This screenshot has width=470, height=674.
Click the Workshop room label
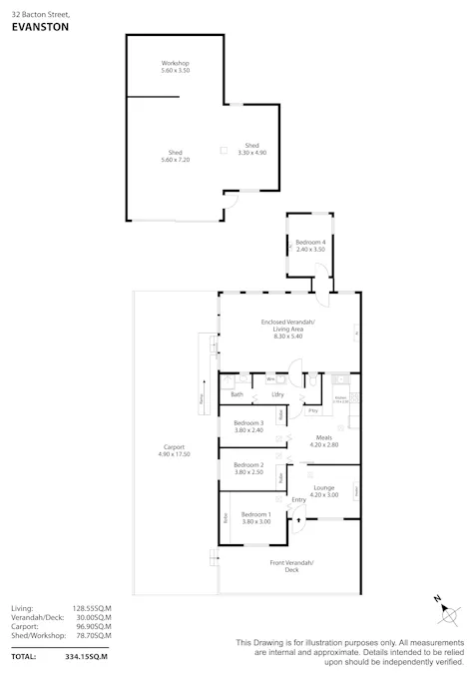pyautogui.click(x=175, y=67)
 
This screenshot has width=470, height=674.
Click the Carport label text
pyautogui.click(x=174, y=449)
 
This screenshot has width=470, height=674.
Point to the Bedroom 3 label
pyautogui.click(x=248, y=426)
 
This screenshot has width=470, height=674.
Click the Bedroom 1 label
pyautogui.click(x=255, y=518)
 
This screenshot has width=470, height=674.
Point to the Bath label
pyautogui.click(x=236, y=394)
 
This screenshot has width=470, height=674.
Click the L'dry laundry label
pyautogui.click(x=277, y=394)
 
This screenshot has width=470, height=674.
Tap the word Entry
pyautogui.click(x=298, y=499)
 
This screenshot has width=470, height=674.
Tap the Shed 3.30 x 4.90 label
pyautogui.click(x=251, y=149)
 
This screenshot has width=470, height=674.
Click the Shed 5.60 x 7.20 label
pyautogui.click(x=175, y=156)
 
